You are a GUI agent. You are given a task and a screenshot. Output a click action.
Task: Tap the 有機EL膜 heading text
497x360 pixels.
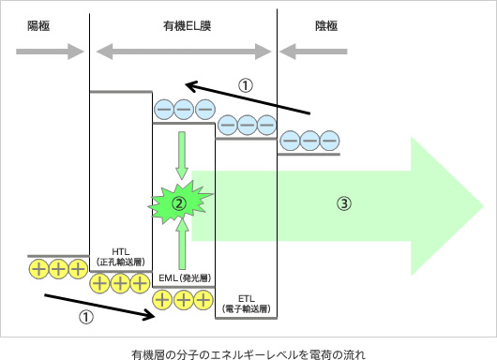[x=183, y=28]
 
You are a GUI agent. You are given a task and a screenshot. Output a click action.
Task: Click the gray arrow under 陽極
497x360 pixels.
[x=42, y=52]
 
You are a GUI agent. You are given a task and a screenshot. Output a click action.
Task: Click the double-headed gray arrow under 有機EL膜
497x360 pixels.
[x=183, y=52]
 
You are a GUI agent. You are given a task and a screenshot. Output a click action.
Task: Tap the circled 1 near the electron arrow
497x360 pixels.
[x=245, y=85]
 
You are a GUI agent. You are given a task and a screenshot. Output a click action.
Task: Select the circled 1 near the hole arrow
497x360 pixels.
[x=85, y=317]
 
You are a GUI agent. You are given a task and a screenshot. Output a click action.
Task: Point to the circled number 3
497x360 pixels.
[x=344, y=202]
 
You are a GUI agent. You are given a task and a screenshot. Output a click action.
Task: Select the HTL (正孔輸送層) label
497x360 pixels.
[x=120, y=257]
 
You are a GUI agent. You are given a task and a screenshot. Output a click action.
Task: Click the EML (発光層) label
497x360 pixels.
[x=184, y=278]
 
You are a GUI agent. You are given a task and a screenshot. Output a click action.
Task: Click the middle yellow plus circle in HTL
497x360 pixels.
[x=120, y=281]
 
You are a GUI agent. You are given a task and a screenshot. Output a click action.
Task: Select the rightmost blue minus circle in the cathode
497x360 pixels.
[x=328, y=140]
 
